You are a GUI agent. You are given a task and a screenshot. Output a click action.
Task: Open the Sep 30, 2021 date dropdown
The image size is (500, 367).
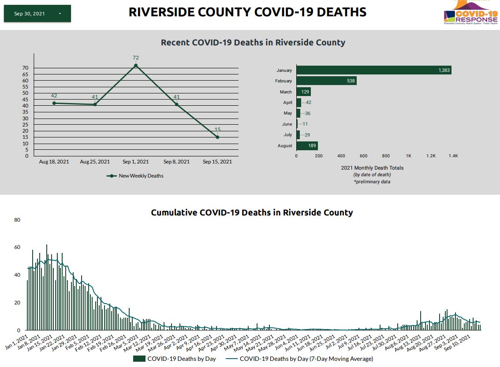(x=37, y=14)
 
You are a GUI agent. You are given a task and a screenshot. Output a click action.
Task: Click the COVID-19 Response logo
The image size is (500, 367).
(x=471, y=13)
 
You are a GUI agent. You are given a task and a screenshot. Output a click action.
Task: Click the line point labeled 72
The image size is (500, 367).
(x=136, y=66)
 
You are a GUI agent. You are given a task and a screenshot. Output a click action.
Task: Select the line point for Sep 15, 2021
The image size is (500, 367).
(x=217, y=137)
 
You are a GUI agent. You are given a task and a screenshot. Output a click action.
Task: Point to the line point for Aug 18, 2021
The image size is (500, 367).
(x=54, y=103)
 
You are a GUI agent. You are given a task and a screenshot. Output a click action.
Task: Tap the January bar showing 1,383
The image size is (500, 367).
(x=373, y=70)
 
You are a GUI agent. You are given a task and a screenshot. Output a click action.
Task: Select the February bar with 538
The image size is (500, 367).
(x=326, y=81)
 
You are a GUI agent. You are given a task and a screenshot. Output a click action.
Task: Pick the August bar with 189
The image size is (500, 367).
(x=307, y=145)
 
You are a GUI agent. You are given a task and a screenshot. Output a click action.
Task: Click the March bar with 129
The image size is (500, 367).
(x=303, y=92)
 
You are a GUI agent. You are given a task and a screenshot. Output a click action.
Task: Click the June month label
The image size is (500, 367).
(x=287, y=124)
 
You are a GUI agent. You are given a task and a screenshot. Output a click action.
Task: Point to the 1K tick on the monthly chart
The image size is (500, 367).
(x=409, y=156)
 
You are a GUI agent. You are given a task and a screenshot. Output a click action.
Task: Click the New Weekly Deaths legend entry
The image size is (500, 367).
(x=136, y=176)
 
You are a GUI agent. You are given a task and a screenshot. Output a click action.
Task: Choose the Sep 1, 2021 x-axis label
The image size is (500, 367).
(x=136, y=162)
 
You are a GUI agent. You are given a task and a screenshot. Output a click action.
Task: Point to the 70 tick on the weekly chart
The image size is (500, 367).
(x=25, y=68)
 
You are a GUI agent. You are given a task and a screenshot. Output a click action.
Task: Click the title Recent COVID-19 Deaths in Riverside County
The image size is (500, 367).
(x=253, y=43)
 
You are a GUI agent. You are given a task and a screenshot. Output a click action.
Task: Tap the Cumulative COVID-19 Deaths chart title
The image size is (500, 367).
(x=252, y=212)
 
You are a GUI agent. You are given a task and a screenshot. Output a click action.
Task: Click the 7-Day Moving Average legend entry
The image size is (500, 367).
(x=300, y=359)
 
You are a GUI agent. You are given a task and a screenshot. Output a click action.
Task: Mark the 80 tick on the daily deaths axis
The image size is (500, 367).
(x=17, y=219)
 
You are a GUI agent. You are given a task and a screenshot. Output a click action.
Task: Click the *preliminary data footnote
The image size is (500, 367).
(x=372, y=182)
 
